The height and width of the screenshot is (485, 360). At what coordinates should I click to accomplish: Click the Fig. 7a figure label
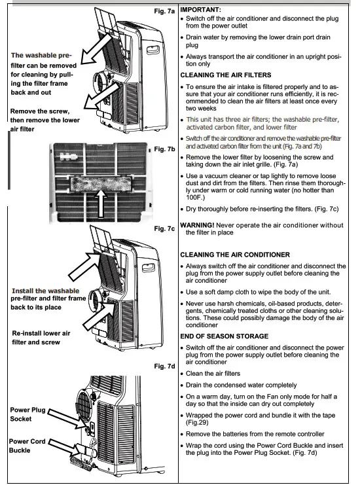[x=163, y=11]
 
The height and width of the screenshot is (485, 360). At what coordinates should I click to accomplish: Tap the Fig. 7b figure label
[x=164, y=150]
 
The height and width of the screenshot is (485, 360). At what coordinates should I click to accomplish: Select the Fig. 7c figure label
[x=163, y=228]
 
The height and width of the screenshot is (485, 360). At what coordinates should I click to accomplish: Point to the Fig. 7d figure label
[x=163, y=366]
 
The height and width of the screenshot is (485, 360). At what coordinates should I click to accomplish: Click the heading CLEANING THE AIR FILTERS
[x=225, y=75]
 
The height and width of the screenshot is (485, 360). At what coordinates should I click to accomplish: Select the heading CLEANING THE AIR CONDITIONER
[x=235, y=254]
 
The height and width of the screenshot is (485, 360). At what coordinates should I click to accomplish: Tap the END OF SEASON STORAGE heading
[x=224, y=336]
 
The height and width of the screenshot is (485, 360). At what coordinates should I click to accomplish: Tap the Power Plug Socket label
[x=28, y=414]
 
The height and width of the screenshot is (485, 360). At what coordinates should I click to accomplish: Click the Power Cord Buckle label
[x=28, y=446]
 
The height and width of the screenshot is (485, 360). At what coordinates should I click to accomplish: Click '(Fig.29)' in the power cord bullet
[x=200, y=422]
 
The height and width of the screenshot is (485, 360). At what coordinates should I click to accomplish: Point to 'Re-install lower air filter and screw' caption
[x=41, y=338]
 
